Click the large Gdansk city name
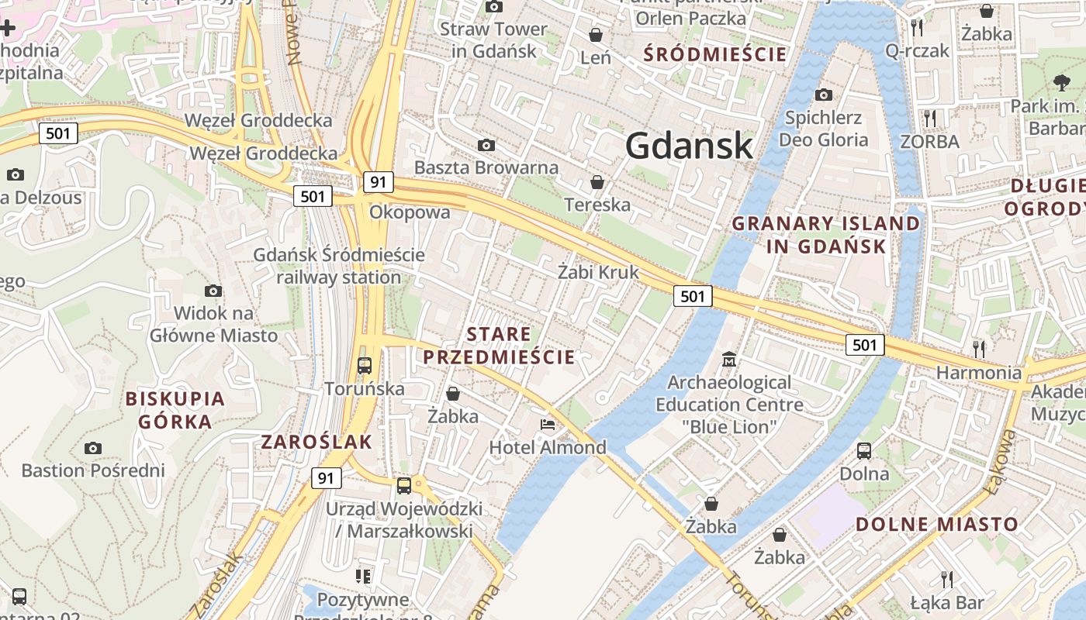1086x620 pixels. [689, 146]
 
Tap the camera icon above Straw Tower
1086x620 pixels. [493, 7]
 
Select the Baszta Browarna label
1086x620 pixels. [486, 167]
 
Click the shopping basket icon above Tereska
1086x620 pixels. [597, 183]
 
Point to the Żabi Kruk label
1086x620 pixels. [598, 272]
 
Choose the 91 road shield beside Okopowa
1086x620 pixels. [378, 182]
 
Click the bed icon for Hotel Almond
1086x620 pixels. [548, 425]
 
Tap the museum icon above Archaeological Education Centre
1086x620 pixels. [729, 360]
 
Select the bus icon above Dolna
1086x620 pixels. [864, 451]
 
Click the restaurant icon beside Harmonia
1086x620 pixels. [979, 349]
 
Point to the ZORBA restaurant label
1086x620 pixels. [929, 142]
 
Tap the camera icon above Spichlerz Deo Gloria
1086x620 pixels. [824, 95]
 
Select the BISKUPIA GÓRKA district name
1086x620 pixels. [175, 410]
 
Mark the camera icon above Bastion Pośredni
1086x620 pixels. [93, 448]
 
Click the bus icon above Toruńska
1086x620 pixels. [365, 365]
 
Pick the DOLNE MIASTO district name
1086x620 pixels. [936, 524]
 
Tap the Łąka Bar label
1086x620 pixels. [946, 603]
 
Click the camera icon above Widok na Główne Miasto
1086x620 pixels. [213, 291]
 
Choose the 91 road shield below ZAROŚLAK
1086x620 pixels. [326, 478]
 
